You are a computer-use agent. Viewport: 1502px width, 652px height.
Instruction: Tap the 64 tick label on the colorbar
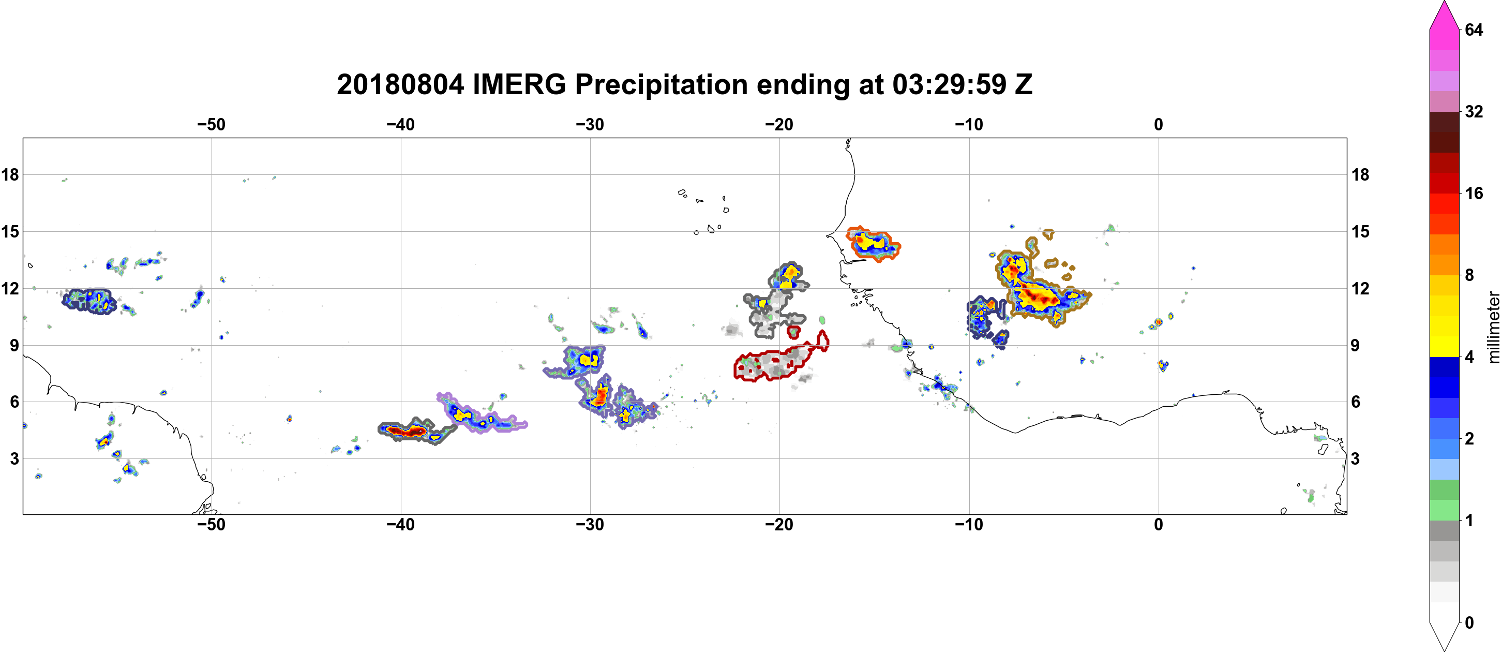(1474, 29)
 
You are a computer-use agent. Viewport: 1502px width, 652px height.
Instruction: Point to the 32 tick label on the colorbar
(1474, 111)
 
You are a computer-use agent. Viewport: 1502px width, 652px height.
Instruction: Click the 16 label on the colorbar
(1474, 193)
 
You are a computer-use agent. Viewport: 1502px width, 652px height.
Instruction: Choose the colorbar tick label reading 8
(1469, 275)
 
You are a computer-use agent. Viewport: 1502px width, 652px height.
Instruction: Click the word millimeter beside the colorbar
(1493, 327)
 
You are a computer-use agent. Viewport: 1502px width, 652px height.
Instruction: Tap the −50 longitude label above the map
(211, 124)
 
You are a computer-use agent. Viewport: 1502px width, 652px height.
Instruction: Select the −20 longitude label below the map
(779, 524)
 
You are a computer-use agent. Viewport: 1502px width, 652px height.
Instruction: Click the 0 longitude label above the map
(1159, 124)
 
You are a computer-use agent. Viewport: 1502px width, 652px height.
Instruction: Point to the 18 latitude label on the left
(10, 174)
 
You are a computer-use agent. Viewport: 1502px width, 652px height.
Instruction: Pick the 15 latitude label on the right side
(1360, 231)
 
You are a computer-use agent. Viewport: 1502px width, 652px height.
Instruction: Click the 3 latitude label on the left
(14, 458)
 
